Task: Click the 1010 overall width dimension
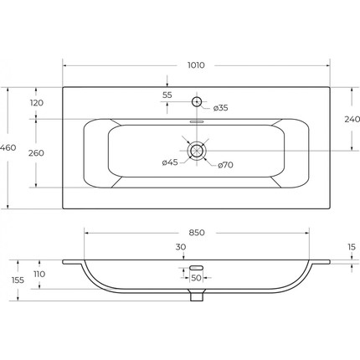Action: tap(196, 65)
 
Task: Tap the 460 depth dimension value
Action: tap(8, 147)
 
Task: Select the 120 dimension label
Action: tap(37, 103)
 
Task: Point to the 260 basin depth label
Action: tap(36, 153)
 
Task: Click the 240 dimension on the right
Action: tap(352, 119)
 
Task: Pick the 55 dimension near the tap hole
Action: tap(167, 95)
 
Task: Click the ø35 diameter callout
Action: tap(221, 108)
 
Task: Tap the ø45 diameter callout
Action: tap(170, 162)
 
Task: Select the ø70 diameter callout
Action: tap(225, 165)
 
